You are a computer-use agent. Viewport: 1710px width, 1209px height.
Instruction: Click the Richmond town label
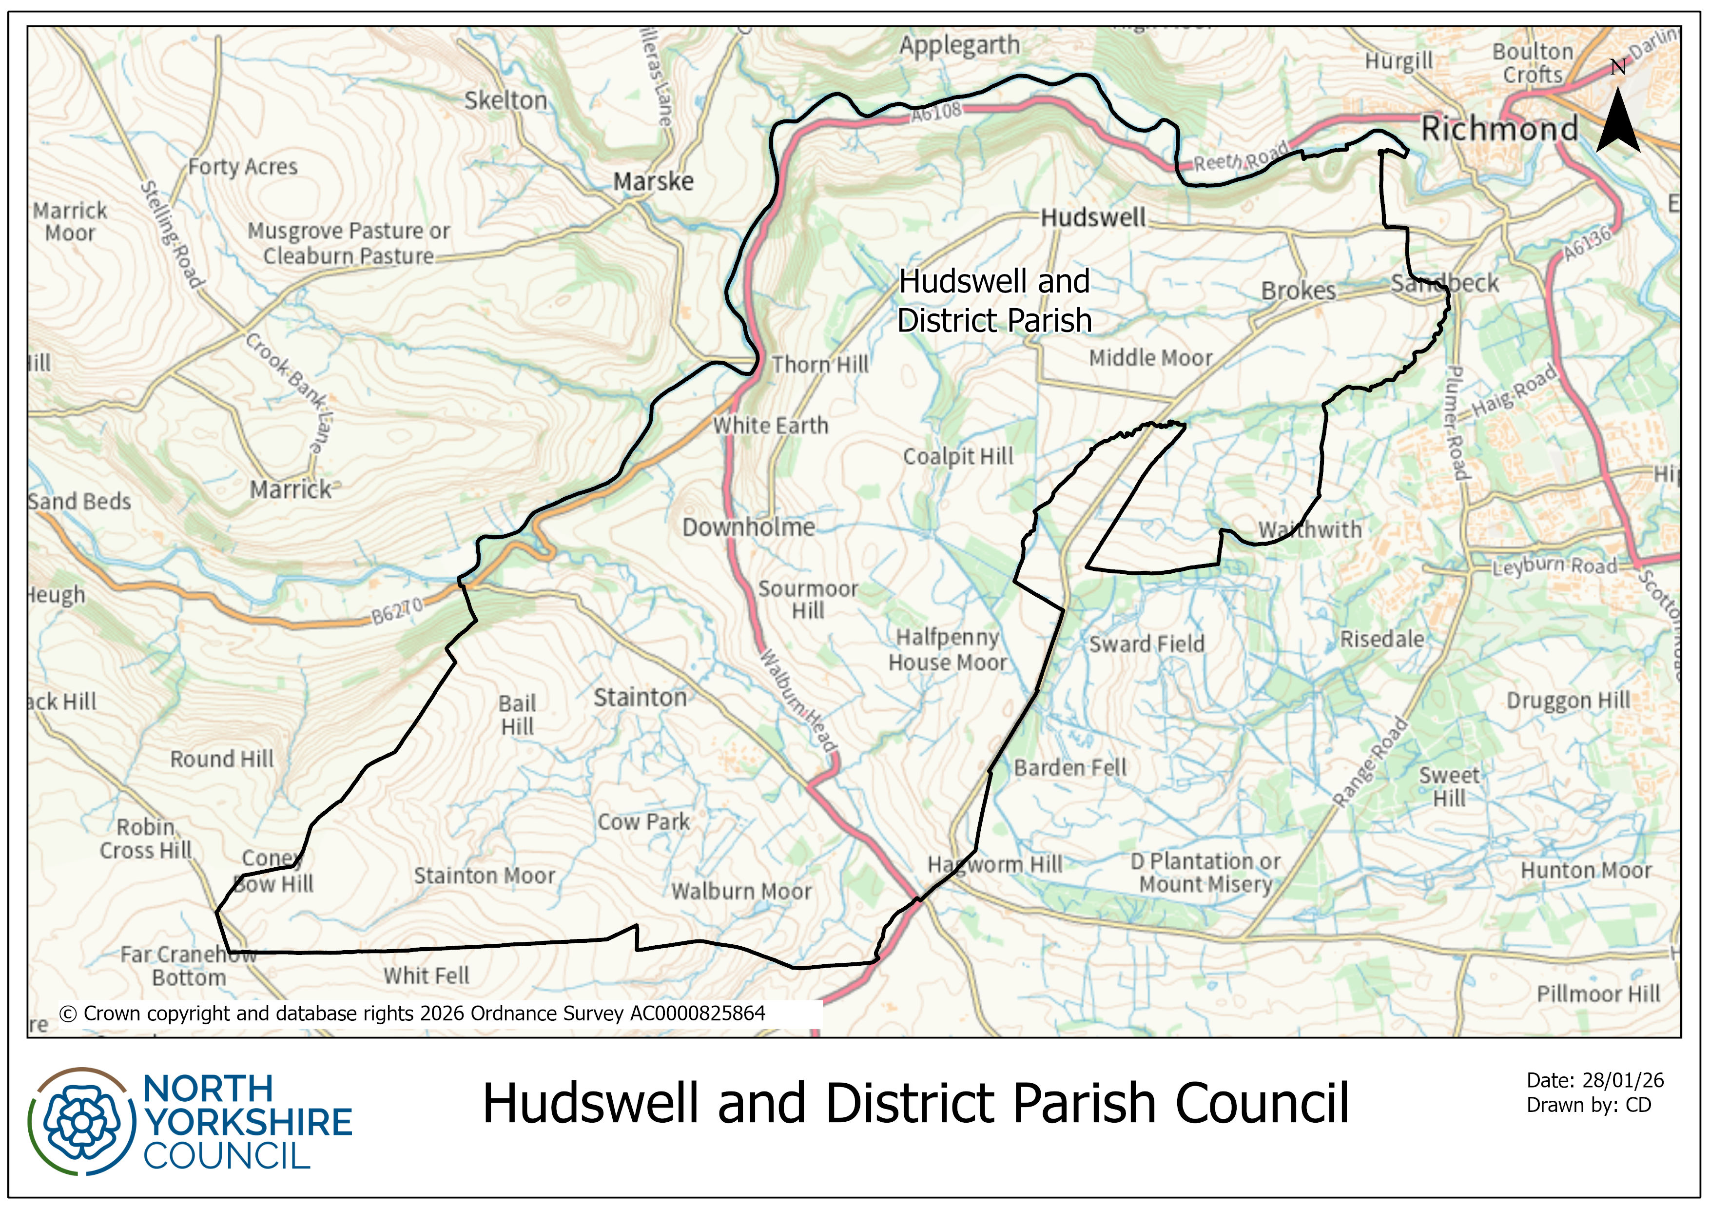point(1499,129)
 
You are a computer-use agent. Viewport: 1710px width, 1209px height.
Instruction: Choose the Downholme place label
point(749,527)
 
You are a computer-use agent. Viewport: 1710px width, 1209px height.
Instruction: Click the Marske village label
point(653,181)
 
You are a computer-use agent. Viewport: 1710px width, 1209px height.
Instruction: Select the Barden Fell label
point(1069,767)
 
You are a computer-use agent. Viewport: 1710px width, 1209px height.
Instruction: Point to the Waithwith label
point(1309,529)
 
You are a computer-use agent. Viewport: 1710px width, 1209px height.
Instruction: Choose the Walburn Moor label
point(741,891)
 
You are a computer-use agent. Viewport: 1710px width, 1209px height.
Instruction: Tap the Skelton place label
point(505,100)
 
